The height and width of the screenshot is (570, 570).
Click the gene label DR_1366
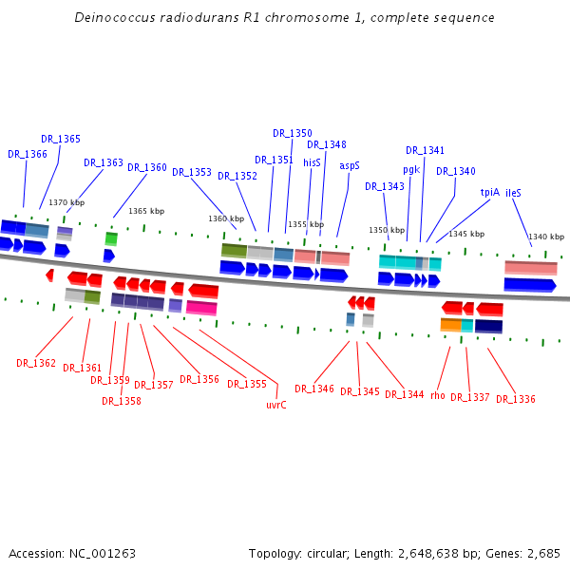click(x=28, y=154)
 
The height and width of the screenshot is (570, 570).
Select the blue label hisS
click(x=313, y=162)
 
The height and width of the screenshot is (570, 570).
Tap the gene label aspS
click(x=350, y=164)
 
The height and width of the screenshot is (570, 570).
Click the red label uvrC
click(x=276, y=404)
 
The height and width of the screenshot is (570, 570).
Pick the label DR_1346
click(x=313, y=389)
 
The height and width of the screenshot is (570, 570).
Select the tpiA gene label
click(x=489, y=191)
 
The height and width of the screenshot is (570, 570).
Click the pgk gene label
click(x=411, y=169)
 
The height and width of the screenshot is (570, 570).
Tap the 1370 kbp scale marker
click(x=66, y=202)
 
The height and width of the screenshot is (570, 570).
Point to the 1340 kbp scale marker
click(x=546, y=237)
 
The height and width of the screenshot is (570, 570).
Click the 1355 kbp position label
click(x=306, y=224)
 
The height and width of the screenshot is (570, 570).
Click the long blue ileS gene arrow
click(x=529, y=284)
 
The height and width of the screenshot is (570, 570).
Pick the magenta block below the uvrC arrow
click(x=201, y=307)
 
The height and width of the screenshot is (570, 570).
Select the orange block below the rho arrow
click(x=450, y=325)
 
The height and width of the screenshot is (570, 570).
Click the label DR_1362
click(x=36, y=363)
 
